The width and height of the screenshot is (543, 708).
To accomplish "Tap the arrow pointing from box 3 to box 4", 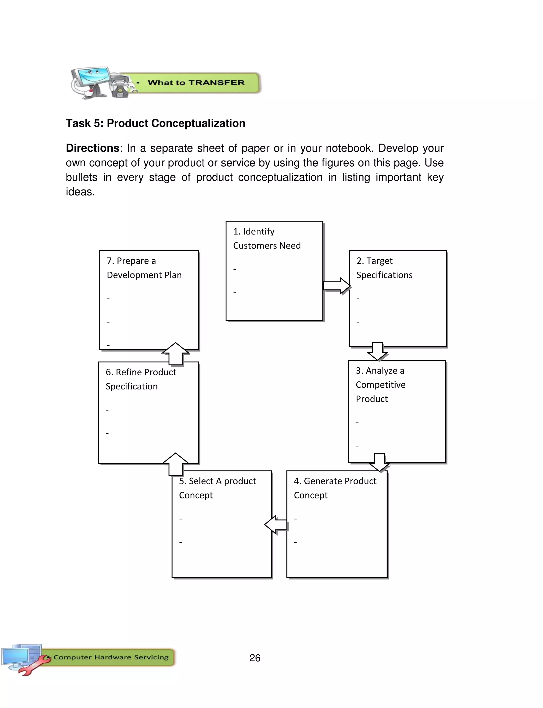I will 379,462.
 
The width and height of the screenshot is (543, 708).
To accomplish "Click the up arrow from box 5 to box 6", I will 176,464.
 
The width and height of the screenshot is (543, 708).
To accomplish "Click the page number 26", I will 255,658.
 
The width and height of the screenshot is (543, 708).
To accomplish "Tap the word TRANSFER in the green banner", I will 216,83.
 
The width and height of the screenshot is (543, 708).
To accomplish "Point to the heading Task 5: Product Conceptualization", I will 155,123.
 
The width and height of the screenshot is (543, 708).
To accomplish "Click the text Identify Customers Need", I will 267,238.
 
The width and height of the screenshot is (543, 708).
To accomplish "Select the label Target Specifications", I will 384,268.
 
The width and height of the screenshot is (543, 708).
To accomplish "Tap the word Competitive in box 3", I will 380,385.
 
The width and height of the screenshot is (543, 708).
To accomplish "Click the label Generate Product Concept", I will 335,488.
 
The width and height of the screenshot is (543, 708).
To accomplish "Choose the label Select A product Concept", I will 217,488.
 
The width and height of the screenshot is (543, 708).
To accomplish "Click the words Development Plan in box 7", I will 144,275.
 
